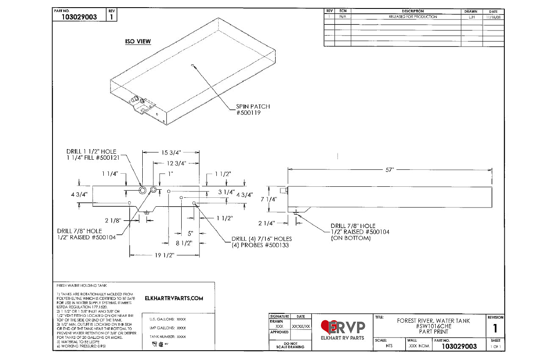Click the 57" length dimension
(390, 169)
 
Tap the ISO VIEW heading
(138, 42)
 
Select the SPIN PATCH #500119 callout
(253, 110)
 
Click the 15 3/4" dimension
(171, 152)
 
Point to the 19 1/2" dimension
(165, 255)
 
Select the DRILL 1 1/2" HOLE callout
(91, 152)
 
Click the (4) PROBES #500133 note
(260, 245)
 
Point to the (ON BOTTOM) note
(351, 238)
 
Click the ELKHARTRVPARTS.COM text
(174, 298)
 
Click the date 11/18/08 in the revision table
(493, 17)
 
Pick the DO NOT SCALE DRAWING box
(290, 345)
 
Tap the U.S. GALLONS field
(168, 319)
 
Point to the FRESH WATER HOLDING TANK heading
(82, 285)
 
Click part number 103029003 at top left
(79, 17)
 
